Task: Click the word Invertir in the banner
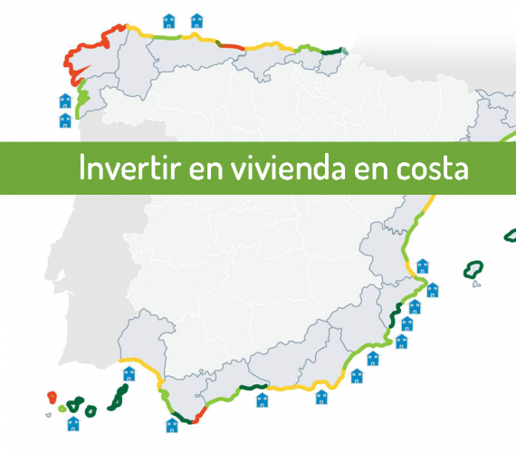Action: click(x=130, y=168)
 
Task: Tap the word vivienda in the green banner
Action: click(x=288, y=168)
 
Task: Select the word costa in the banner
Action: click(x=432, y=169)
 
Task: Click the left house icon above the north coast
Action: click(x=169, y=21)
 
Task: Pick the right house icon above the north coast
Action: click(x=197, y=21)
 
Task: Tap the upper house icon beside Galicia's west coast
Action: click(x=65, y=101)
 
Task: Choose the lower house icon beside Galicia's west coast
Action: click(x=65, y=120)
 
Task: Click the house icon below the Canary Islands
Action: click(x=73, y=424)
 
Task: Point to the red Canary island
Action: click(x=52, y=398)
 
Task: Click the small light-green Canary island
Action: click(x=62, y=409)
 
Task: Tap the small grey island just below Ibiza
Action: click(x=476, y=284)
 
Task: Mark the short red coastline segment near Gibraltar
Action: click(x=199, y=415)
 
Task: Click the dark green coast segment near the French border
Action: click(x=331, y=52)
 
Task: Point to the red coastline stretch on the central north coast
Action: click(x=230, y=46)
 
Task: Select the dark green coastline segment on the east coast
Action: click(x=395, y=314)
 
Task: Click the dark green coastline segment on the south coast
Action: click(x=253, y=387)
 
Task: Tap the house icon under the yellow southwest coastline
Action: click(x=129, y=374)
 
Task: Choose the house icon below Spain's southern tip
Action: click(x=172, y=425)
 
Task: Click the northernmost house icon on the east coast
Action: click(x=423, y=266)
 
